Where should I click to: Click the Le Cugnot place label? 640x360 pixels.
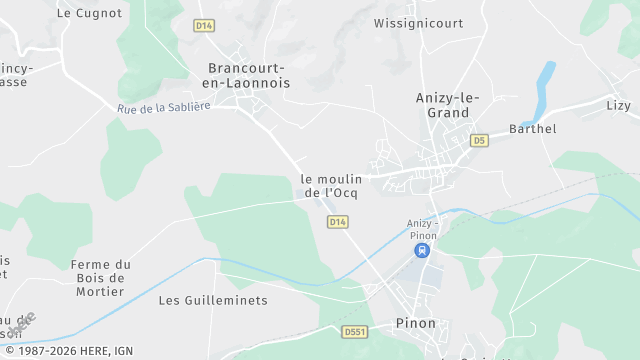pyautogui.click(x=90, y=13)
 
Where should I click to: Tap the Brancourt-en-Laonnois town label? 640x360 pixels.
pyautogui.click(x=248, y=76)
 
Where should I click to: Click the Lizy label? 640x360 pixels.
pyautogui.click(x=618, y=105)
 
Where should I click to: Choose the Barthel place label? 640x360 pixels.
pyautogui.click(x=532, y=129)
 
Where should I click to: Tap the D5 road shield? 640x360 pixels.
pyautogui.click(x=479, y=140)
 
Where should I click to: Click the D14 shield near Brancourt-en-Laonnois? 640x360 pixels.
pyautogui.click(x=204, y=25)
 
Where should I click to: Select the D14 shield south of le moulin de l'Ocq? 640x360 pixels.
pyautogui.click(x=337, y=221)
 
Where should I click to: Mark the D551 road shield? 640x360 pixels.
pyautogui.click(x=354, y=331)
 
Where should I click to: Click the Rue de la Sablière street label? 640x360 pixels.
pyautogui.click(x=163, y=106)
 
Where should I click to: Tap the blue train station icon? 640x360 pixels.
pyautogui.click(x=423, y=250)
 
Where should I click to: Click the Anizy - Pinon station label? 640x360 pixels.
pyautogui.click(x=423, y=229)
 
